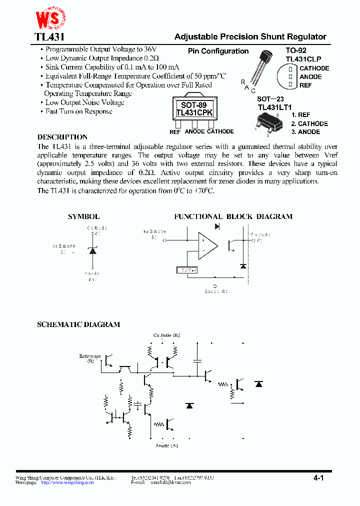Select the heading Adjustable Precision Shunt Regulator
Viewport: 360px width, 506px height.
250,37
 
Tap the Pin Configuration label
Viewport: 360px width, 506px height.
218,51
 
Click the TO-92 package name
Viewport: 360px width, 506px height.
296,50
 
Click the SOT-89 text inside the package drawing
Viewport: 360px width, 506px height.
193,105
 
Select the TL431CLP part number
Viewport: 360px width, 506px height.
303,59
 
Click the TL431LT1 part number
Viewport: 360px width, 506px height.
274,107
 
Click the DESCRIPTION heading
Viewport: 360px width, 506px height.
62,137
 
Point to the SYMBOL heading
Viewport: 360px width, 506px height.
83,216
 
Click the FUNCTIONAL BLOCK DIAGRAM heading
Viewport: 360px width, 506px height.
233,216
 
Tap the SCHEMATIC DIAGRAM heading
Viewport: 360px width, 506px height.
78,324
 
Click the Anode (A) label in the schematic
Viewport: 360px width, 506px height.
166,445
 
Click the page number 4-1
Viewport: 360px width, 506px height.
319,478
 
